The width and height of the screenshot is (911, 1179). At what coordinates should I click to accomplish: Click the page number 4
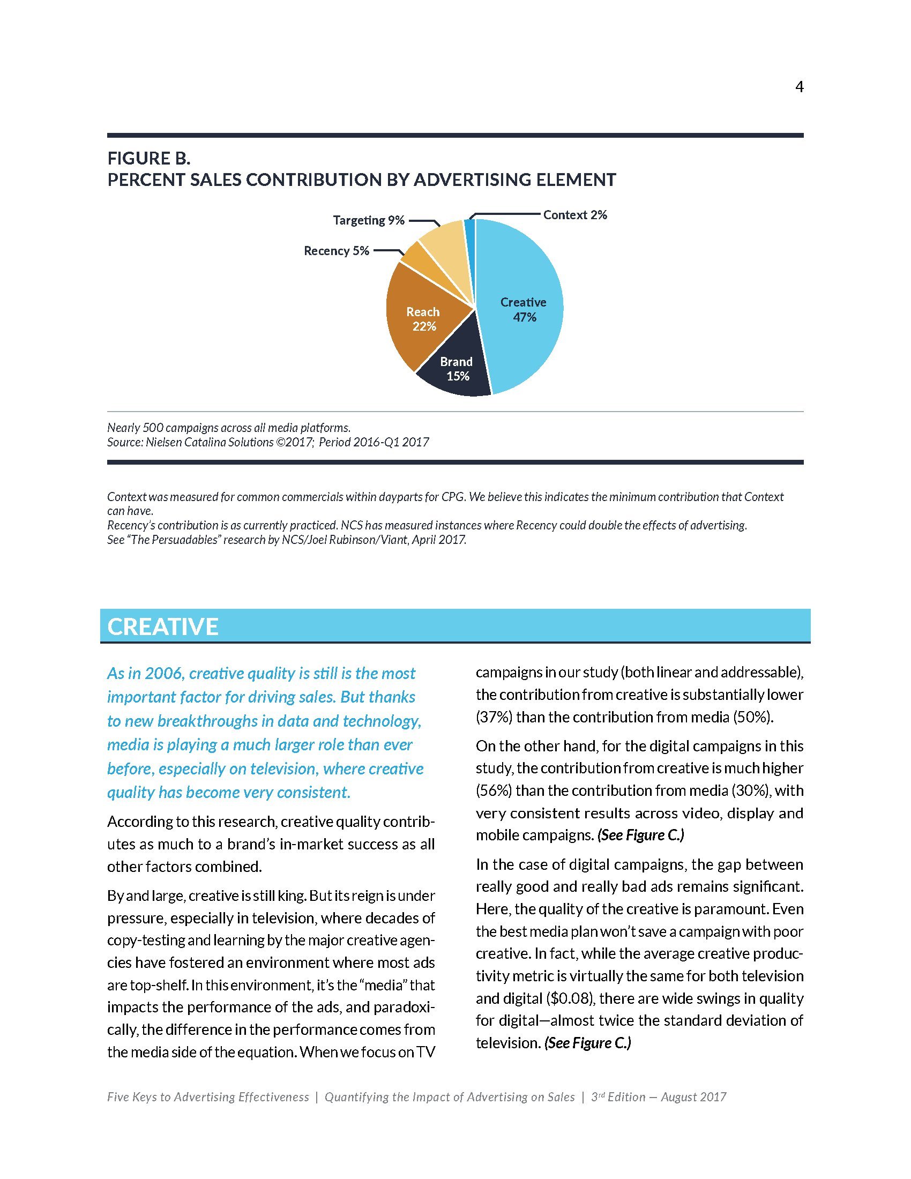tap(800, 87)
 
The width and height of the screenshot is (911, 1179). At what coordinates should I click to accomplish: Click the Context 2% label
tap(575, 215)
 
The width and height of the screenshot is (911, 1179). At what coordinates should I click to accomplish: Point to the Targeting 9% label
tap(369, 220)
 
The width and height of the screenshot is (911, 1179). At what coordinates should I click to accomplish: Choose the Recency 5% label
tap(336, 251)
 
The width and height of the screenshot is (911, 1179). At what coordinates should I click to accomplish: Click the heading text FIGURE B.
tap(149, 159)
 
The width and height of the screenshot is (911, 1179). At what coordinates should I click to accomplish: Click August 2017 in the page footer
tap(693, 1098)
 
